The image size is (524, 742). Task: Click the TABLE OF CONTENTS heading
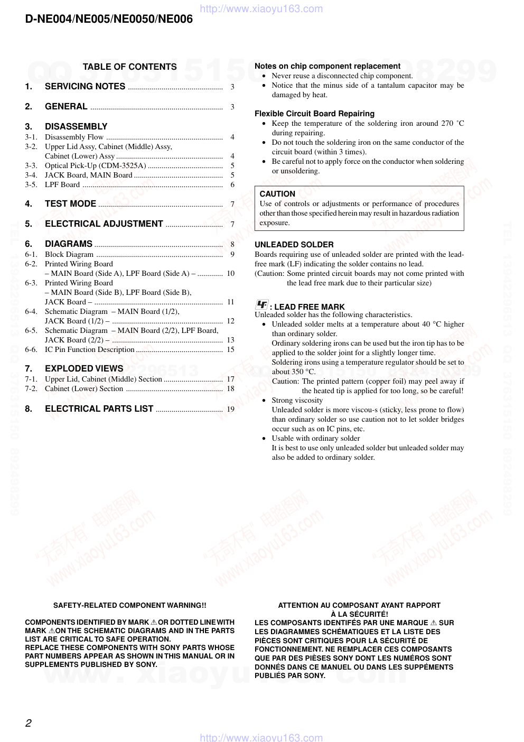pyautogui.click(x=129, y=67)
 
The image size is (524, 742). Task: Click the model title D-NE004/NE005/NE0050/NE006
pyautogui.click(x=109, y=20)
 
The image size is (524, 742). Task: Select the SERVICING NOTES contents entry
pyautogui.click(x=85, y=86)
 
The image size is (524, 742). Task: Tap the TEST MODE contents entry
pyautogui.click(x=70, y=203)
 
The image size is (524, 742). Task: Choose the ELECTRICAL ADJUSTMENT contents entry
pyautogui.click(x=104, y=224)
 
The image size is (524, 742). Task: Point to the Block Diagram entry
pyautogui.click(x=69, y=254)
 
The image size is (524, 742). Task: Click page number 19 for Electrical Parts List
pyautogui.click(x=231, y=409)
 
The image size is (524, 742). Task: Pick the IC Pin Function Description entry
pyautogui.click(x=89, y=349)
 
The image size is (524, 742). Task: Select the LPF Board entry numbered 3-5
pyautogui.click(x=62, y=184)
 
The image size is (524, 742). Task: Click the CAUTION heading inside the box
pyautogui.click(x=277, y=194)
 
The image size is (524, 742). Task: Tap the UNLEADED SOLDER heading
pyautogui.click(x=294, y=245)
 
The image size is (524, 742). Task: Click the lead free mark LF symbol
pyautogui.click(x=261, y=305)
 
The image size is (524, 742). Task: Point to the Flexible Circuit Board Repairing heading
pyautogui.click(x=314, y=114)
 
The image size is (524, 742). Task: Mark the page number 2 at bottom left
pyautogui.click(x=29, y=723)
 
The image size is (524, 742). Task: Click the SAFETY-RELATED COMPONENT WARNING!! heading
pyautogui.click(x=129, y=605)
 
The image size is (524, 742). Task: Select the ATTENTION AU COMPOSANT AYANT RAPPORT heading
pyautogui.click(x=359, y=605)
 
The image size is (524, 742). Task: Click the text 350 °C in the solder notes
pyautogui.click(x=303, y=372)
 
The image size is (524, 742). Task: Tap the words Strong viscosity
pyautogui.click(x=297, y=400)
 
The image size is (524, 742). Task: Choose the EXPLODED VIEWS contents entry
pyautogui.click(x=84, y=368)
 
